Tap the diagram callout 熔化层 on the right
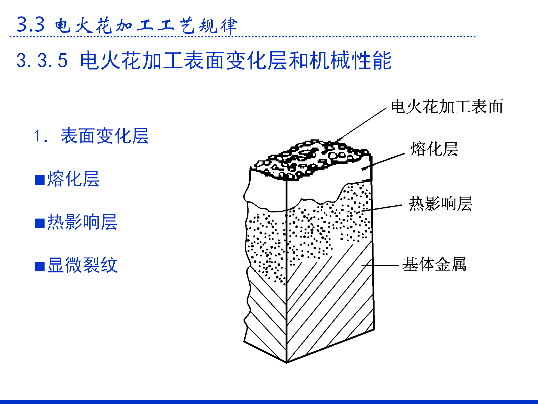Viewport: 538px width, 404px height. pyautogui.click(x=434, y=149)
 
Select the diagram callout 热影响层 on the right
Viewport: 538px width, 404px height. pyautogui.click(x=440, y=204)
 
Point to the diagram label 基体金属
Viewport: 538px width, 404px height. pyautogui.click(x=434, y=264)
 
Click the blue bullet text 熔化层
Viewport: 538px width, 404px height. pyautogui.click(x=73, y=179)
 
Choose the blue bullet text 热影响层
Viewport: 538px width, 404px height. pyautogui.click(x=82, y=222)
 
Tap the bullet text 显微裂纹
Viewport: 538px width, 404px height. pyautogui.click(x=82, y=265)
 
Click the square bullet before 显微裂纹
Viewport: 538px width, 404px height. pyautogui.click(x=40, y=267)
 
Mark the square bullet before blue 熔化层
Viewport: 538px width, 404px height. pyautogui.click(x=40, y=180)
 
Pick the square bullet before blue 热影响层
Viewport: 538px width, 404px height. pyautogui.click(x=40, y=223)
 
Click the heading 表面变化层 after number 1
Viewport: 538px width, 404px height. pyautogui.click(x=105, y=136)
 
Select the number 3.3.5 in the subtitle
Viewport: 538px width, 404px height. pyautogui.click(x=42, y=60)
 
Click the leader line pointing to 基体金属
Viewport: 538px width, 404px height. pyautogui.click(x=381, y=265)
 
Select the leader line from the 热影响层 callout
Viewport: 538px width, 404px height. pyautogui.click(x=382, y=208)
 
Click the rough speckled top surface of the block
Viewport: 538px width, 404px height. pyautogui.click(x=311, y=159)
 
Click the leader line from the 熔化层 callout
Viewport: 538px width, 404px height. pyautogui.click(x=384, y=161)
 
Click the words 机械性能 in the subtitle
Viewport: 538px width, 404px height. pyautogui.click(x=350, y=60)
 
